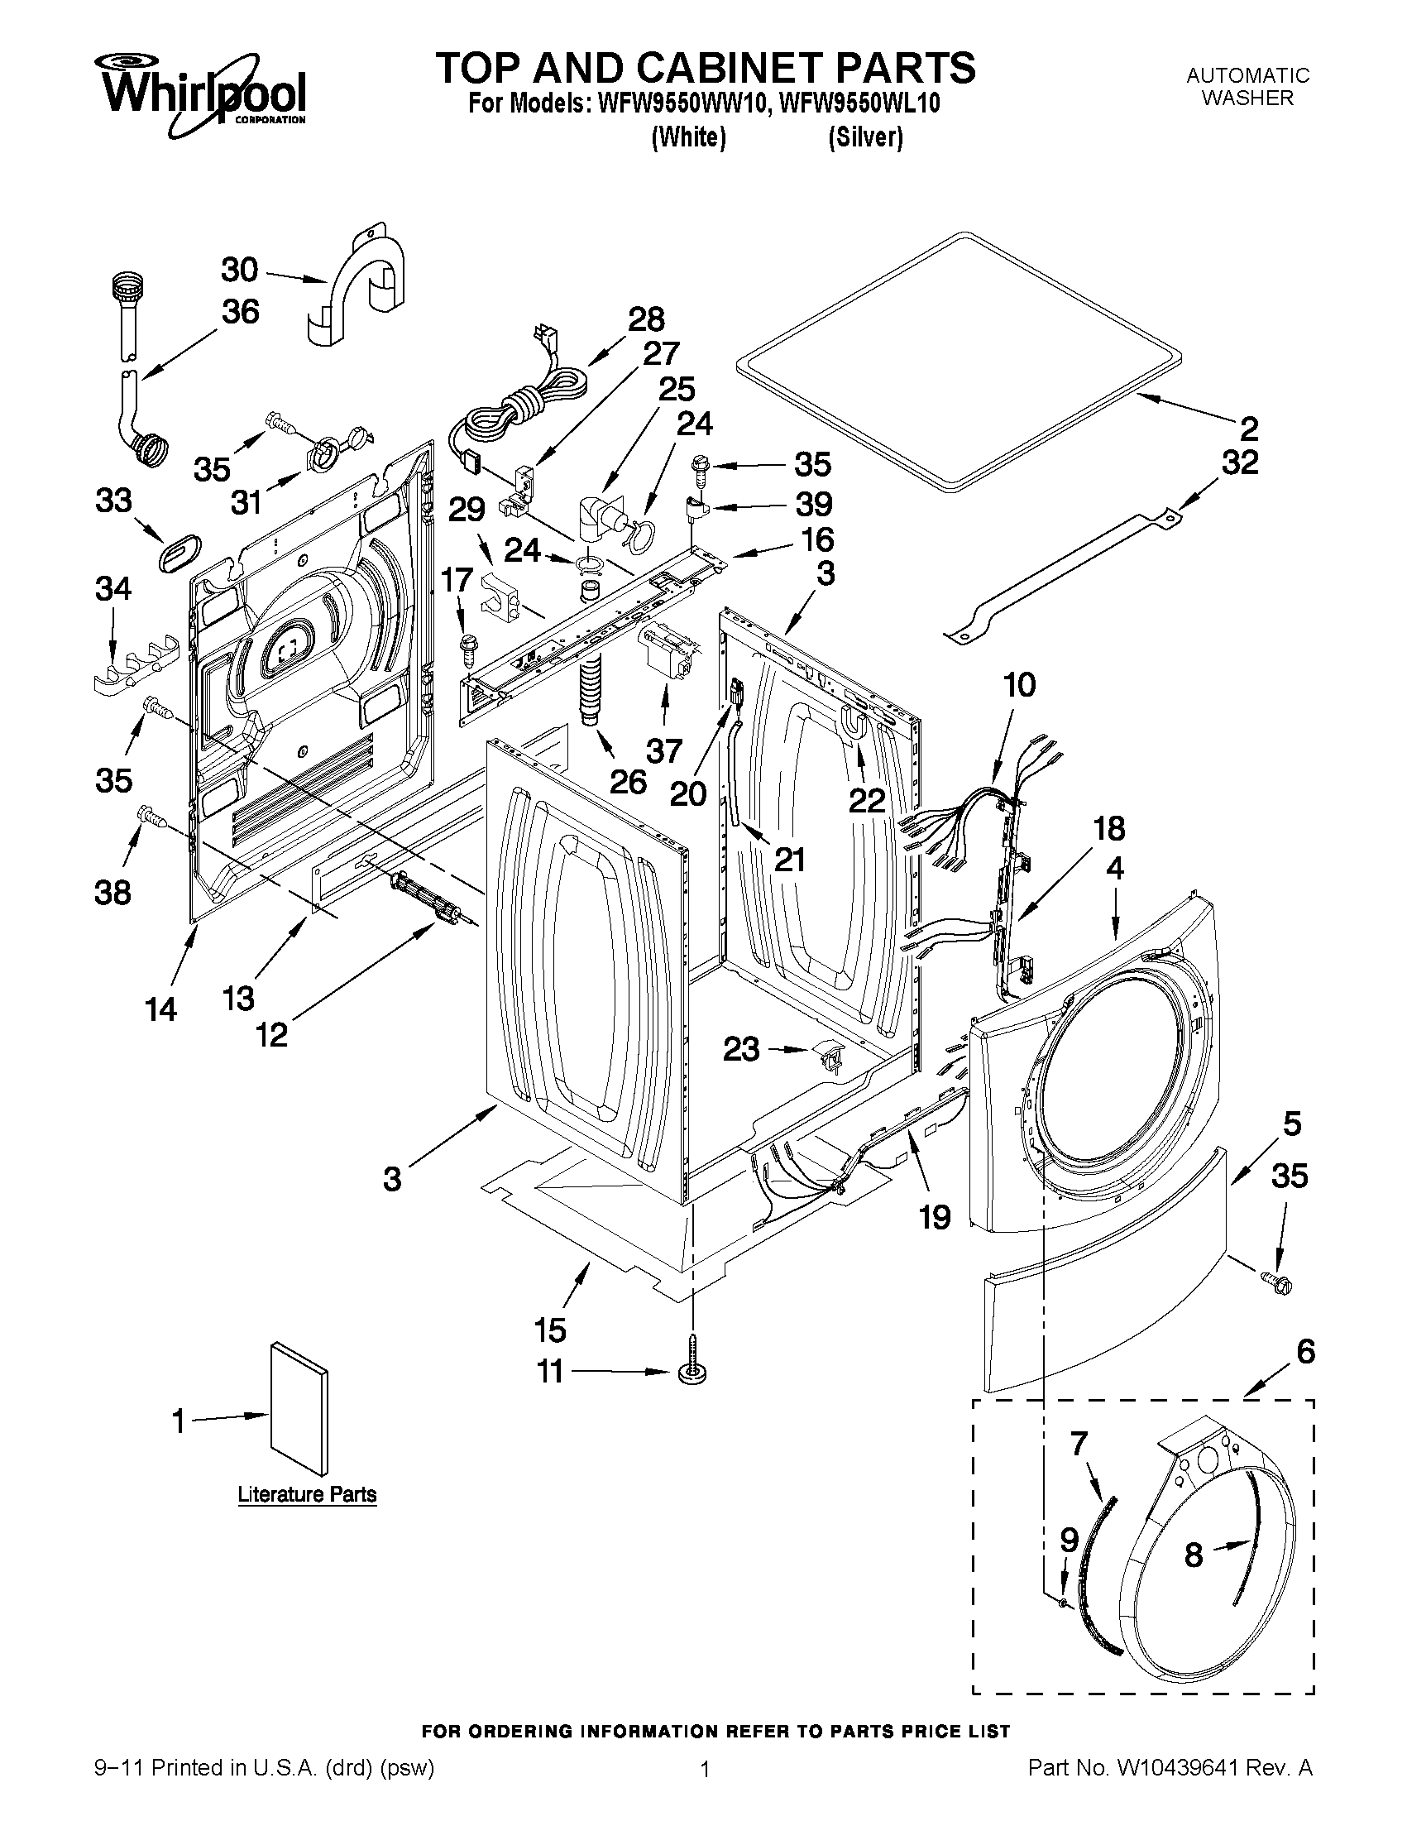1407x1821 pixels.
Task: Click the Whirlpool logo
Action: (x=203, y=93)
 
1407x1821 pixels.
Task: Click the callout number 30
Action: (x=239, y=271)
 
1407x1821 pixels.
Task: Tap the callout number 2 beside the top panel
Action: (x=1248, y=429)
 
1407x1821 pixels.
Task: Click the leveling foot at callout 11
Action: (x=692, y=1372)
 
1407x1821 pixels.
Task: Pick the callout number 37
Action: (x=664, y=751)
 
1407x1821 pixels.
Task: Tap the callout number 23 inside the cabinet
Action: (x=741, y=1049)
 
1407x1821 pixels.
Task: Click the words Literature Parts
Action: (x=307, y=1494)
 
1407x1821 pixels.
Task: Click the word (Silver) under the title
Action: (x=865, y=137)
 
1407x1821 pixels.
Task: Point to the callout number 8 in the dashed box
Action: (x=1194, y=1555)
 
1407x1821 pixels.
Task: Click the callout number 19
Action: (x=935, y=1217)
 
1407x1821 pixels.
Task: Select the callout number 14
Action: (x=160, y=1009)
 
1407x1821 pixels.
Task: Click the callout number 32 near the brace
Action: (x=1238, y=462)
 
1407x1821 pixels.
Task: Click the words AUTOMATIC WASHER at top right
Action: (x=1247, y=87)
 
